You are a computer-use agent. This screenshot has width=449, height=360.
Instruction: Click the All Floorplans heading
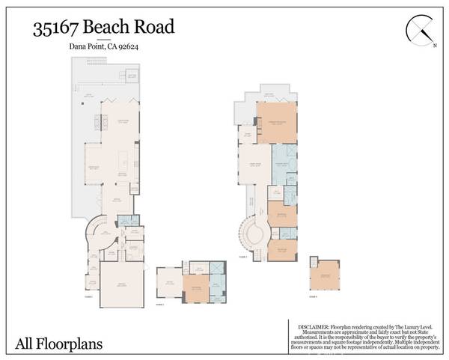tap(59, 344)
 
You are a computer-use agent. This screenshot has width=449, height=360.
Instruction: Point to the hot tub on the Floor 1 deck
tap(132, 76)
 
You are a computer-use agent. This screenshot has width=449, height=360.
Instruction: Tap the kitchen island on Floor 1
tap(124, 159)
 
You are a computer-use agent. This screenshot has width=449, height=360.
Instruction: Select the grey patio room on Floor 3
tap(169, 284)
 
